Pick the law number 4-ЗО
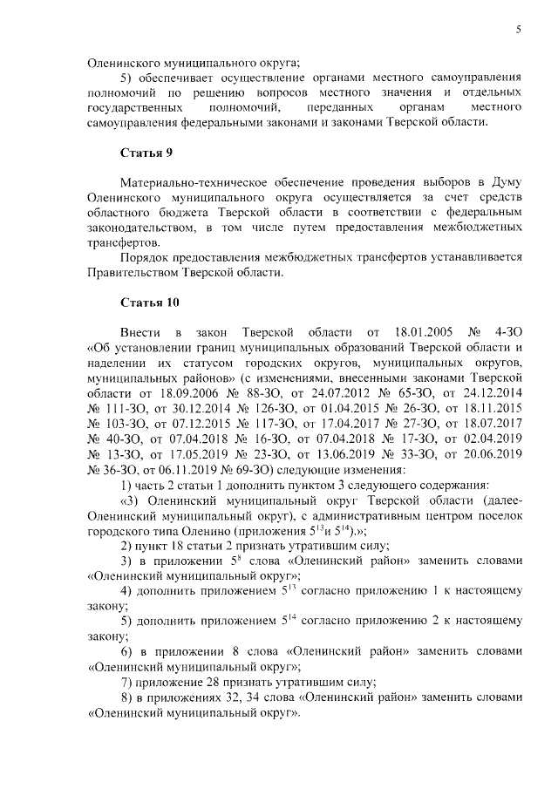click(507, 333)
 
